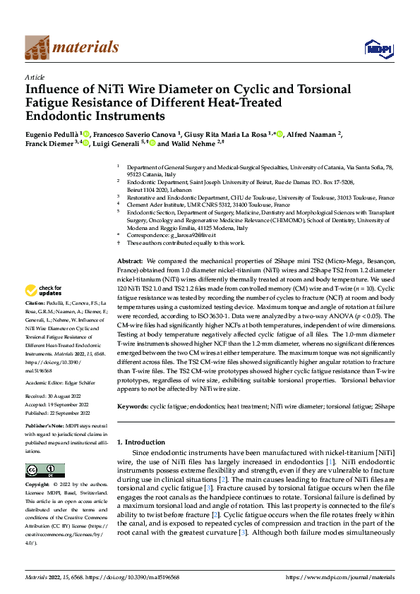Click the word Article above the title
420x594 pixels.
[x=35, y=77]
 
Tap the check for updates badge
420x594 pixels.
[x=44, y=291]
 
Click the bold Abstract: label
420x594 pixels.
[x=131, y=261]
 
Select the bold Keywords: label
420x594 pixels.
[x=133, y=407]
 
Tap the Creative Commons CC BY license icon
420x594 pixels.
[x=44, y=471]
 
